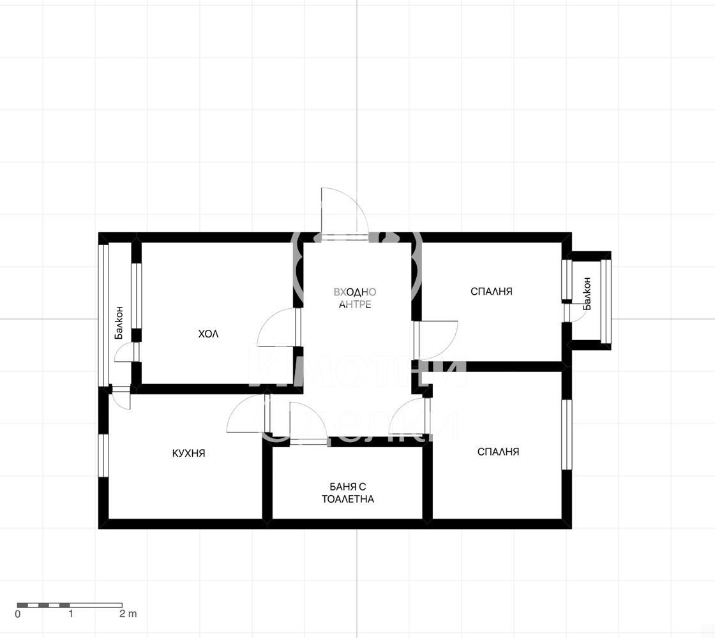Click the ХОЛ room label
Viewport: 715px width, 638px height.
point(208,334)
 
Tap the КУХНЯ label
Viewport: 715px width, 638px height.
point(188,454)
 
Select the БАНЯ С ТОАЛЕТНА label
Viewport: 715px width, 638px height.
point(348,493)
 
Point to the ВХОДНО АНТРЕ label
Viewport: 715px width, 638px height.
point(355,298)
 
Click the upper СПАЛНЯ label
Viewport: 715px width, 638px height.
point(491,291)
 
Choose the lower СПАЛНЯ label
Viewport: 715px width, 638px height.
point(498,452)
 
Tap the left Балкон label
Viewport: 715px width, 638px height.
point(119,322)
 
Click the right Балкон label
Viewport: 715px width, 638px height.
point(587,293)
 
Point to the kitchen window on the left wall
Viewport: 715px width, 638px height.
point(103,456)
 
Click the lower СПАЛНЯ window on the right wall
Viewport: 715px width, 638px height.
point(566,434)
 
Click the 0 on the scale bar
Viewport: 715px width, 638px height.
point(18,614)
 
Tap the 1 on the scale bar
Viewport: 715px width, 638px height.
point(71,613)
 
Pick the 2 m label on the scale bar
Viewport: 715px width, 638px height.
point(128,613)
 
